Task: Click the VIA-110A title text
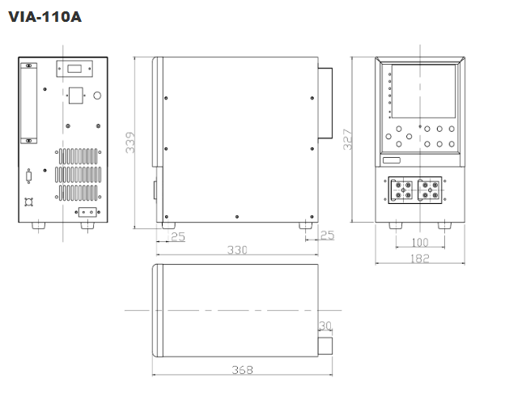[x=45, y=17]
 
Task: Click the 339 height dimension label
[x=130, y=142]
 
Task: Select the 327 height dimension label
[x=348, y=139]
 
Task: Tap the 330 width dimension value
[x=237, y=250]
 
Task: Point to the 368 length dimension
[x=242, y=370]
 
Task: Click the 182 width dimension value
[x=420, y=258]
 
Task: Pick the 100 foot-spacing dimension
[x=420, y=242]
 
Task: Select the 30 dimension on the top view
[x=325, y=325]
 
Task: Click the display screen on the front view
[x=424, y=91]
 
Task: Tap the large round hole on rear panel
[x=97, y=96]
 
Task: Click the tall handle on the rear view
[x=29, y=104]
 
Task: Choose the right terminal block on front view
[x=430, y=190]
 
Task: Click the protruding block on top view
[x=325, y=346]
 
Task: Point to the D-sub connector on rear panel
[x=29, y=176]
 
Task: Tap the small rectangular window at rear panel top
[x=74, y=69]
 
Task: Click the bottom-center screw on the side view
[x=237, y=217]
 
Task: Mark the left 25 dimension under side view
[x=178, y=236]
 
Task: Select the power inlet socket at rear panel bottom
[x=87, y=212]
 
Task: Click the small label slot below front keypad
[x=392, y=160]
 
